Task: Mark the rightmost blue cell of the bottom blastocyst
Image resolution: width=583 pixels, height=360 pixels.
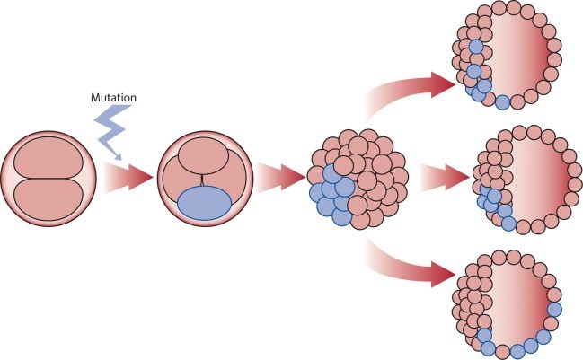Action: (x=555, y=310)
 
